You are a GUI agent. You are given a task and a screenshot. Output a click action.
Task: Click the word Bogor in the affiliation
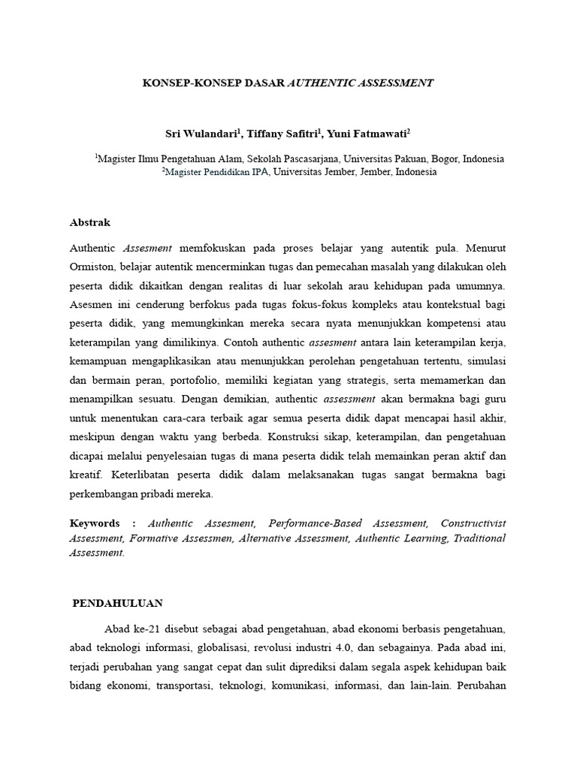pos(441,159)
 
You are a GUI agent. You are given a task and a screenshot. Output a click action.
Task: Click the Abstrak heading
pos(90,222)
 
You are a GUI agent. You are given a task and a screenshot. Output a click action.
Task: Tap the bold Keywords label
pos(95,523)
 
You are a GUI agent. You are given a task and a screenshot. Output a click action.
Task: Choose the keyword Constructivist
pos(473,523)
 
